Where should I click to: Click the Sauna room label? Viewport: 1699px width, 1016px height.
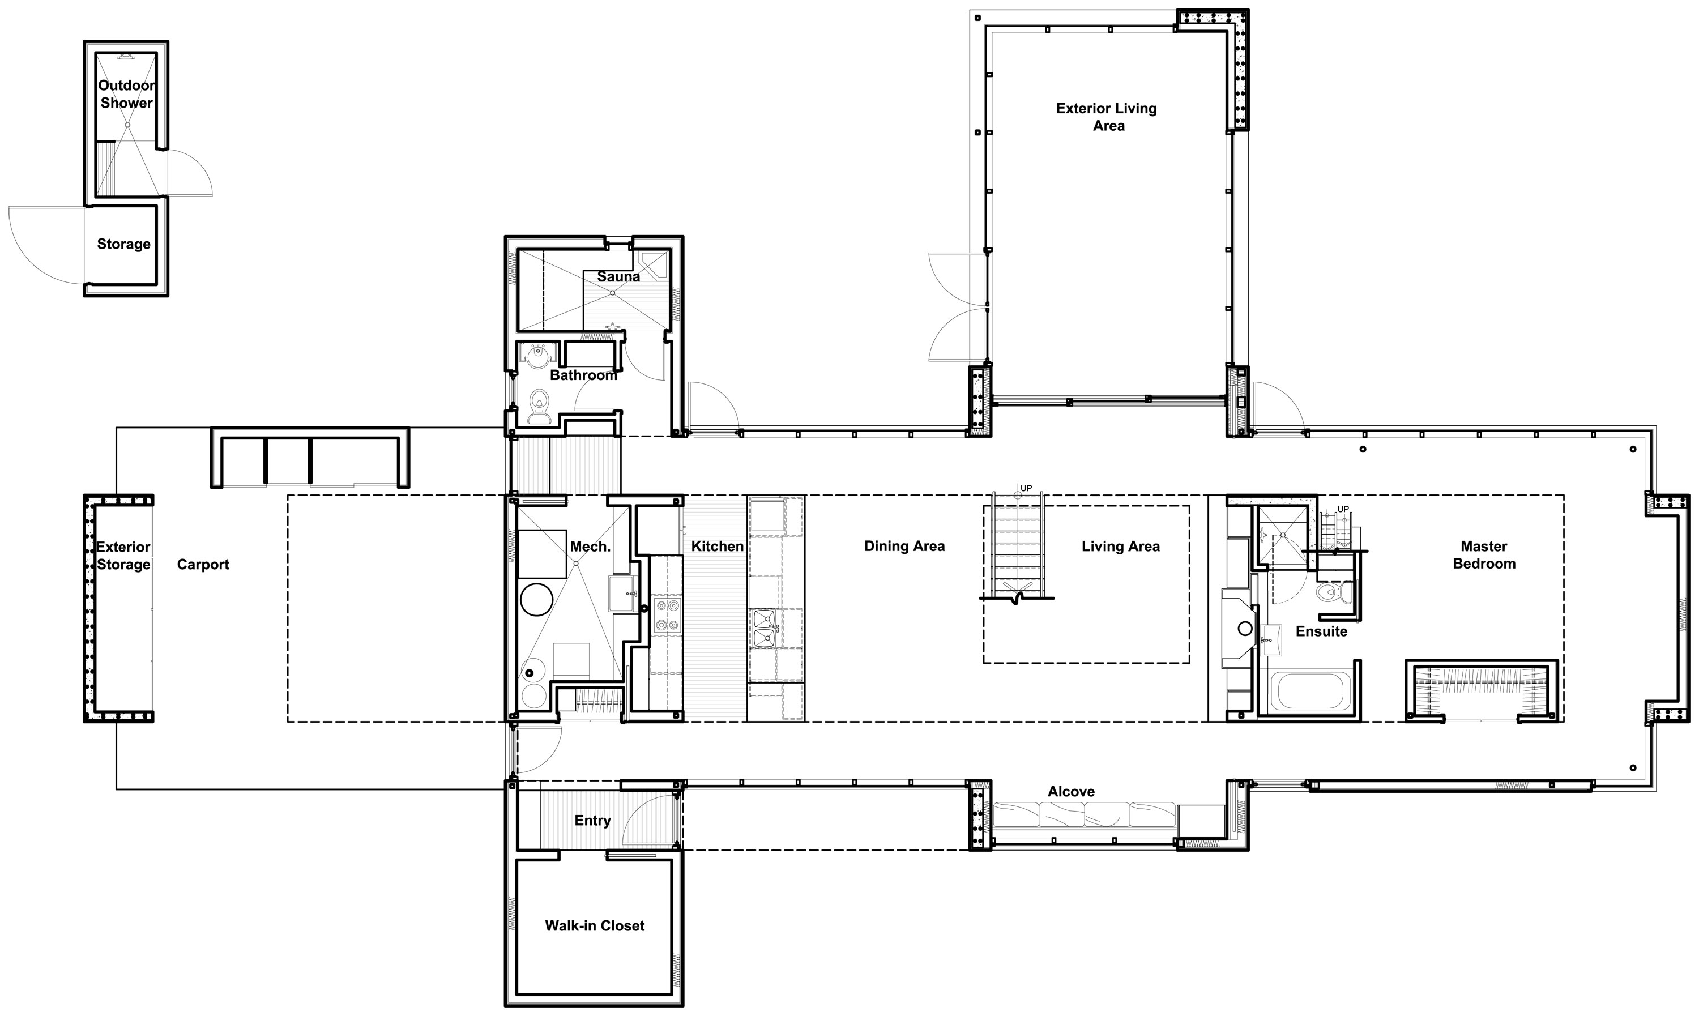click(x=618, y=276)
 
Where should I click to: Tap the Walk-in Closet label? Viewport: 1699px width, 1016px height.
click(x=594, y=925)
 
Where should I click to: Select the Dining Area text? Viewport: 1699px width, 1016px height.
click(x=904, y=547)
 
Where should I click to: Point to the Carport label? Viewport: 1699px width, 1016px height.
click(x=203, y=564)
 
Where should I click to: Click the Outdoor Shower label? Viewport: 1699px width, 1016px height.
click(x=127, y=94)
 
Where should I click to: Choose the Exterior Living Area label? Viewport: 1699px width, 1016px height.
click(x=1107, y=117)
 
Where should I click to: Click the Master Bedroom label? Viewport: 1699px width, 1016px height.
click(x=1484, y=555)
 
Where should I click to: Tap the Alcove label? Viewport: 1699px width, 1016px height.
click(x=1072, y=791)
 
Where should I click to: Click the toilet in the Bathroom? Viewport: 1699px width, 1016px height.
click(x=540, y=407)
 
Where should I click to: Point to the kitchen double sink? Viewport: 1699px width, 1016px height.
click(x=764, y=629)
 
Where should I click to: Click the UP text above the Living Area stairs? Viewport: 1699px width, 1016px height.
click(x=1026, y=488)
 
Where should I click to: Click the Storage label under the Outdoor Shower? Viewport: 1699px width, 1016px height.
click(x=124, y=244)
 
